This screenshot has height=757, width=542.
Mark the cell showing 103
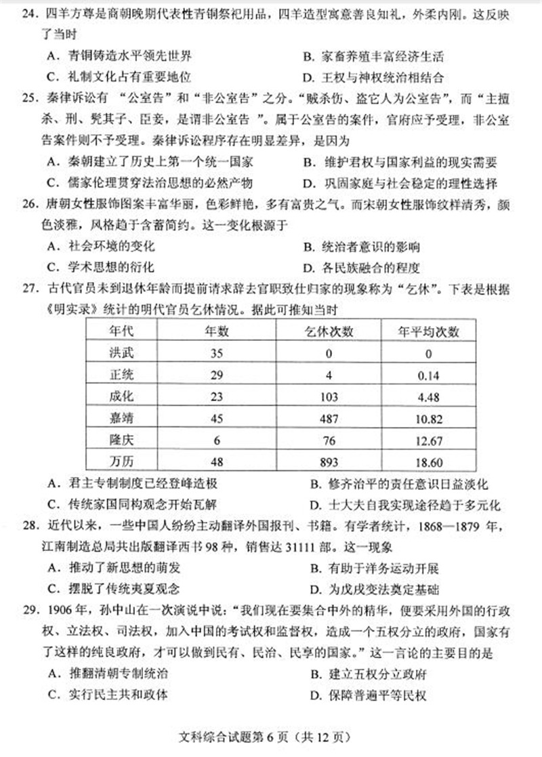point(329,397)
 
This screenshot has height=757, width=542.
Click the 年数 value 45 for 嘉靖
point(217,419)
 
